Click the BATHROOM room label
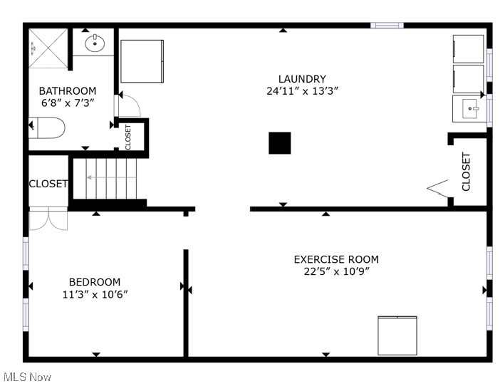click(x=68, y=90)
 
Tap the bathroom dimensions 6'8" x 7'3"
click(x=68, y=103)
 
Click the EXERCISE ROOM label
click(x=336, y=259)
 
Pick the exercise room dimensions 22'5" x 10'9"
click(x=336, y=271)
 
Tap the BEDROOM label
click(x=95, y=282)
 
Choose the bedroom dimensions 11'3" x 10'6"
click(x=95, y=294)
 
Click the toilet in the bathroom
click(x=48, y=128)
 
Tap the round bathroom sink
click(x=95, y=43)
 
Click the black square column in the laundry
click(x=280, y=143)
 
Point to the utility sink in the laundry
click(x=469, y=109)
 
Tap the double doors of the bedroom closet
click(x=48, y=219)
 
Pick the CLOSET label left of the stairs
click(x=48, y=184)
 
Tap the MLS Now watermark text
click(x=27, y=377)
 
